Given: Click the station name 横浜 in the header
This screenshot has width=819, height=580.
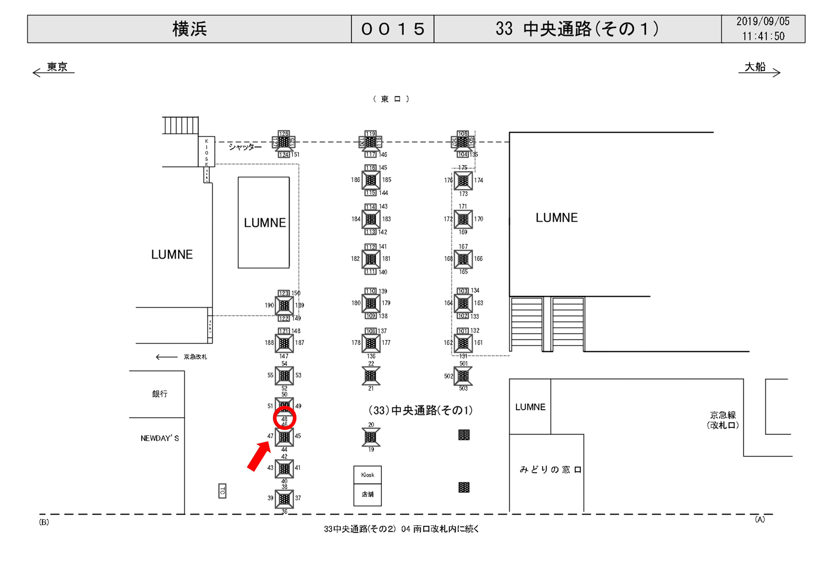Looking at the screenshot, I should point(189,29).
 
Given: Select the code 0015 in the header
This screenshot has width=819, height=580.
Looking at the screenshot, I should point(392,29).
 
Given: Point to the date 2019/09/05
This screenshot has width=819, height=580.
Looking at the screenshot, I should point(763,22).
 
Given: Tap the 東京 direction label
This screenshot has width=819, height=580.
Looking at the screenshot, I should point(57,67).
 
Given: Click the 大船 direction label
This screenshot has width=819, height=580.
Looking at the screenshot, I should point(755,67).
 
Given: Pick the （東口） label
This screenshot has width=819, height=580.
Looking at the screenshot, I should point(391,99).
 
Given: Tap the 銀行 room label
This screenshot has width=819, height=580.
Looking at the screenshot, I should point(159,394).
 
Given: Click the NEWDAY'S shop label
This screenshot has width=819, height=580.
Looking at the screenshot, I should point(159,438).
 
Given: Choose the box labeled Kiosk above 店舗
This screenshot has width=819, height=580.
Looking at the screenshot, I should point(367,475).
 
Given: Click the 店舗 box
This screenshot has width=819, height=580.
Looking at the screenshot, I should point(367,494).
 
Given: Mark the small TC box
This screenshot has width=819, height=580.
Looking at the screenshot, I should point(222,491).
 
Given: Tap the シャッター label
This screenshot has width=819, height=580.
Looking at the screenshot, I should point(245,147).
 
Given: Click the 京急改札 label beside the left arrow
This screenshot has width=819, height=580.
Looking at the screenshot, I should point(195,357).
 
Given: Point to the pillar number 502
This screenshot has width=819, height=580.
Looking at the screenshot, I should point(448,376).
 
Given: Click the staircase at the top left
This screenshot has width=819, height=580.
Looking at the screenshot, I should point(181,125).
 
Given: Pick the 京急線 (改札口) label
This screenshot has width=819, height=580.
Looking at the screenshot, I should point(723,420).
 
